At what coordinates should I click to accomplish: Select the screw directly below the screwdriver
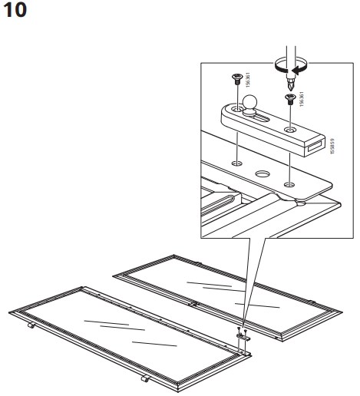[289, 97]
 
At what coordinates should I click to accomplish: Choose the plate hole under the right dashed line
[289, 183]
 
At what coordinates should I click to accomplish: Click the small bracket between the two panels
[242, 335]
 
